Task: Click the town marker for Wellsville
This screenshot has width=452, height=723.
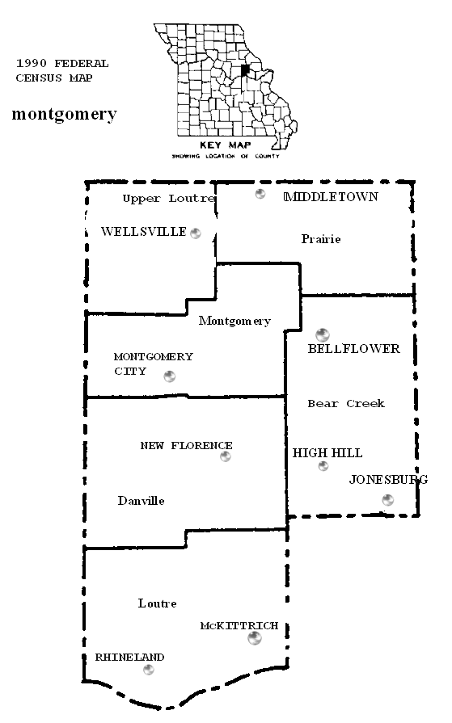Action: (x=196, y=233)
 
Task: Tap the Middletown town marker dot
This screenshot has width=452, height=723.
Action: (x=260, y=194)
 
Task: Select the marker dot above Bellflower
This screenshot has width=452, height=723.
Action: (x=323, y=334)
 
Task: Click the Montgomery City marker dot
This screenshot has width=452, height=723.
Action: (x=170, y=376)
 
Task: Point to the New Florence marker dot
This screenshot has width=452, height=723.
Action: (x=226, y=456)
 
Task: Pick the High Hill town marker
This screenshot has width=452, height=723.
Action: (x=323, y=466)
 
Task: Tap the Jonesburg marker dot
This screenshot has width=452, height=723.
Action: (x=388, y=499)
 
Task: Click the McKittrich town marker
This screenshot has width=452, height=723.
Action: (x=255, y=638)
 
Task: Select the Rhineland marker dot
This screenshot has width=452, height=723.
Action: (x=148, y=670)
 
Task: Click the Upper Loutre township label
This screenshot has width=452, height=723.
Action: (x=169, y=199)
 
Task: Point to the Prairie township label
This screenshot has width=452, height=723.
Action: (x=321, y=239)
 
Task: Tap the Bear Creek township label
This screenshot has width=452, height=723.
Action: (x=346, y=403)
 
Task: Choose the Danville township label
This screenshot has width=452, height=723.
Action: (x=141, y=501)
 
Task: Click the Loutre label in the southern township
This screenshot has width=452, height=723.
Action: (x=157, y=603)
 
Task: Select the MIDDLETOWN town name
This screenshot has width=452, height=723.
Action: (x=331, y=197)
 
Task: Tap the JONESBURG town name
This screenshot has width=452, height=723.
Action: (x=388, y=480)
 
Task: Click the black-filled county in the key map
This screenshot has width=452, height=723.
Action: (x=245, y=70)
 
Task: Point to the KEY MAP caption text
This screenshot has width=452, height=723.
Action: (x=226, y=145)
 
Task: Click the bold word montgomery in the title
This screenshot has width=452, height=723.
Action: (x=64, y=113)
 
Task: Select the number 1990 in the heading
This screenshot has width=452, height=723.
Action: (x=32, y=63)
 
